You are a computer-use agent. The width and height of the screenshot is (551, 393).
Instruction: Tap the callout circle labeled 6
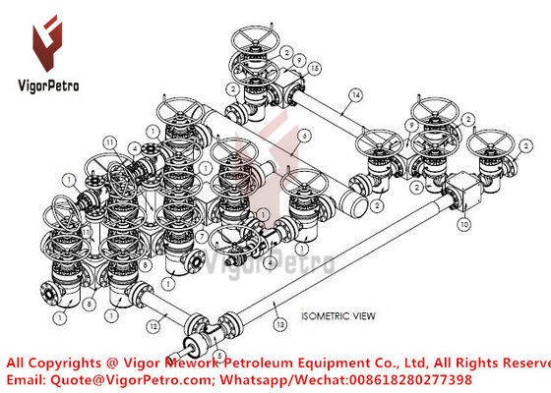(306, 135)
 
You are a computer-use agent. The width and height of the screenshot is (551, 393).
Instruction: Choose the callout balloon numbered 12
(153, 324)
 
